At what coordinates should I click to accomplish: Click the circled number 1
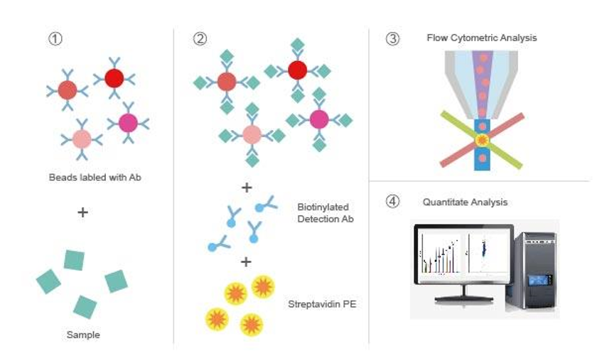[x=55, y=38]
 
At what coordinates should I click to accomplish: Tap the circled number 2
[x=200, y=38]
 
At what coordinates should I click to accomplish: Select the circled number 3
[x=392, y=38]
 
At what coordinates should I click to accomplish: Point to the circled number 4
[x=392, y=201]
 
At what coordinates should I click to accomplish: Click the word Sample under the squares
[x=83, y=335]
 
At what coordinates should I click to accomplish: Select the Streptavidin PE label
[x=322, y=304]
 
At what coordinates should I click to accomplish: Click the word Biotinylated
[x=323, y=208]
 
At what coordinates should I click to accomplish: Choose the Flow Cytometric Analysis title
[x=482, y=38]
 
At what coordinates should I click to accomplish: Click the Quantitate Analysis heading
[x=465, y=202]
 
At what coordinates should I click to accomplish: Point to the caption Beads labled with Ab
[x=95, y=178]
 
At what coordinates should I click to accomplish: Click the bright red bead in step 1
[x=114, y=78]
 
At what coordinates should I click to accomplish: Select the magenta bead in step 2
[x=319, y=119]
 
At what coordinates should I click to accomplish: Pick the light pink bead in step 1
[x=82, y=139]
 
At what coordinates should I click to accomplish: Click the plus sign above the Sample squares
[x=82, y=212]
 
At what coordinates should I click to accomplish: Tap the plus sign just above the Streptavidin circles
[x=246, y=262]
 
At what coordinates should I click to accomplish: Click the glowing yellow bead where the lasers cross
[x=482, y=140]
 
